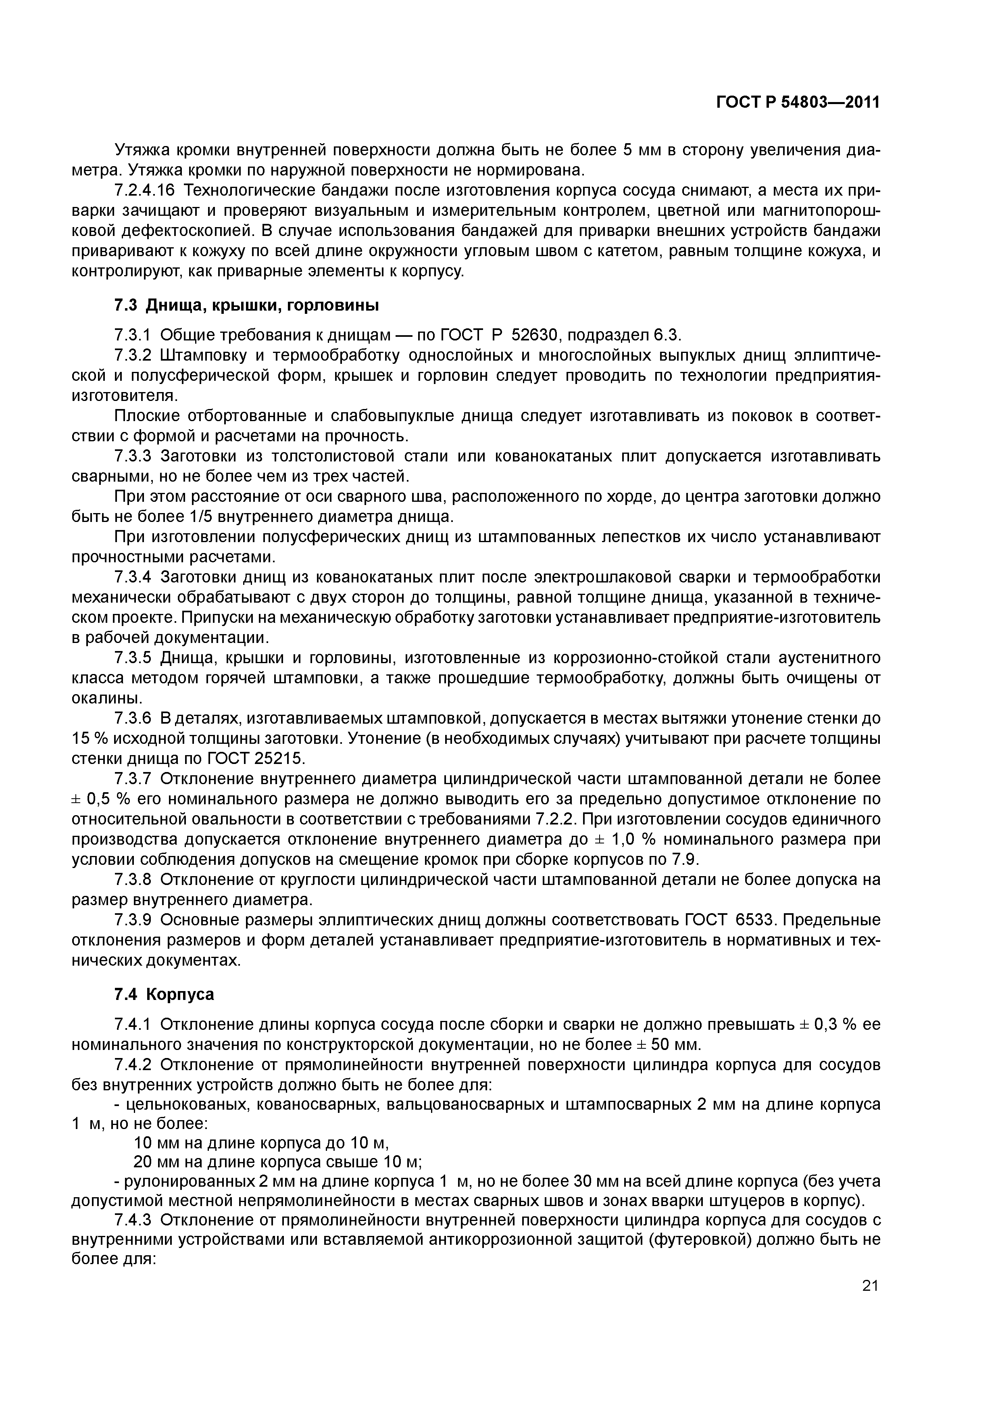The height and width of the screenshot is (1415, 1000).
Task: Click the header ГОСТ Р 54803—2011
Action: [797, 102]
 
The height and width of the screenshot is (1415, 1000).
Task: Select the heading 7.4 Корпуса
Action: [165, 994]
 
